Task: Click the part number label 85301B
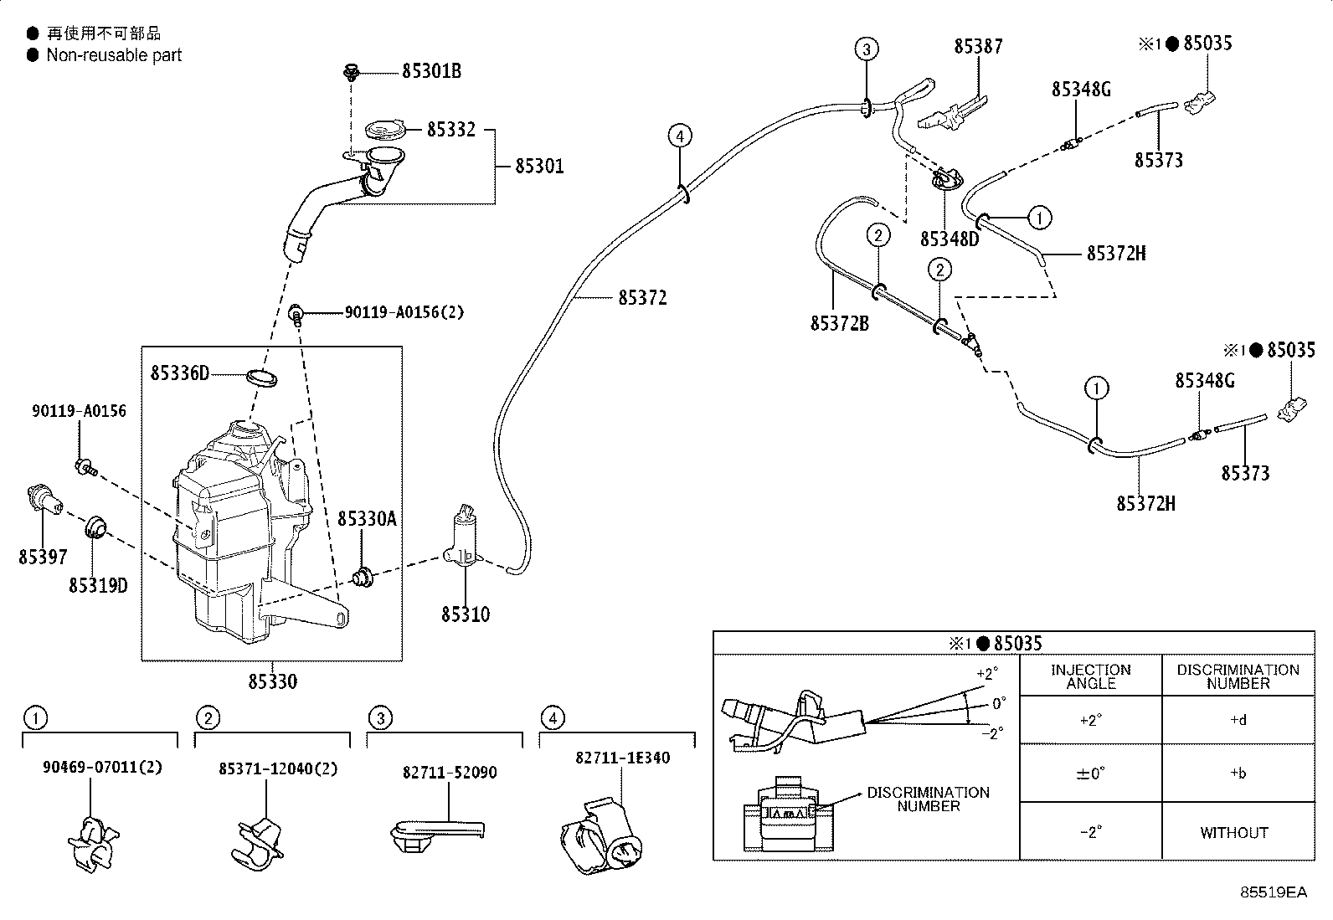[x=431, y=71]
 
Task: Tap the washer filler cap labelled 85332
[x=384, y=129]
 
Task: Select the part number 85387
[x=978, y=46]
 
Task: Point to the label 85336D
[x=180, y=373]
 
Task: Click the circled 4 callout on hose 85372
[x=680, y=136]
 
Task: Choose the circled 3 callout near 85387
[x=867, y=49]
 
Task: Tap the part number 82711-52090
[x=450, y=773]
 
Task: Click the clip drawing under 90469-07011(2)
[x=94, y=845]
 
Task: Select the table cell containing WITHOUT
[x=1234, y=833]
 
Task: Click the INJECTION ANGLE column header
[x=1091, y=676]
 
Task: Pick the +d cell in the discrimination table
[x=1238, y=719]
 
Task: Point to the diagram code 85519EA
[x=1274, y=892]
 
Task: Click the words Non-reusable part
[x=114, y=55]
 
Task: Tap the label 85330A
[x=368, y=519]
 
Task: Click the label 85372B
[x=840, y=323]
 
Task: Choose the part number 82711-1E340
[x=622, y=758]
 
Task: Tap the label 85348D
[x=950, y=239]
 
